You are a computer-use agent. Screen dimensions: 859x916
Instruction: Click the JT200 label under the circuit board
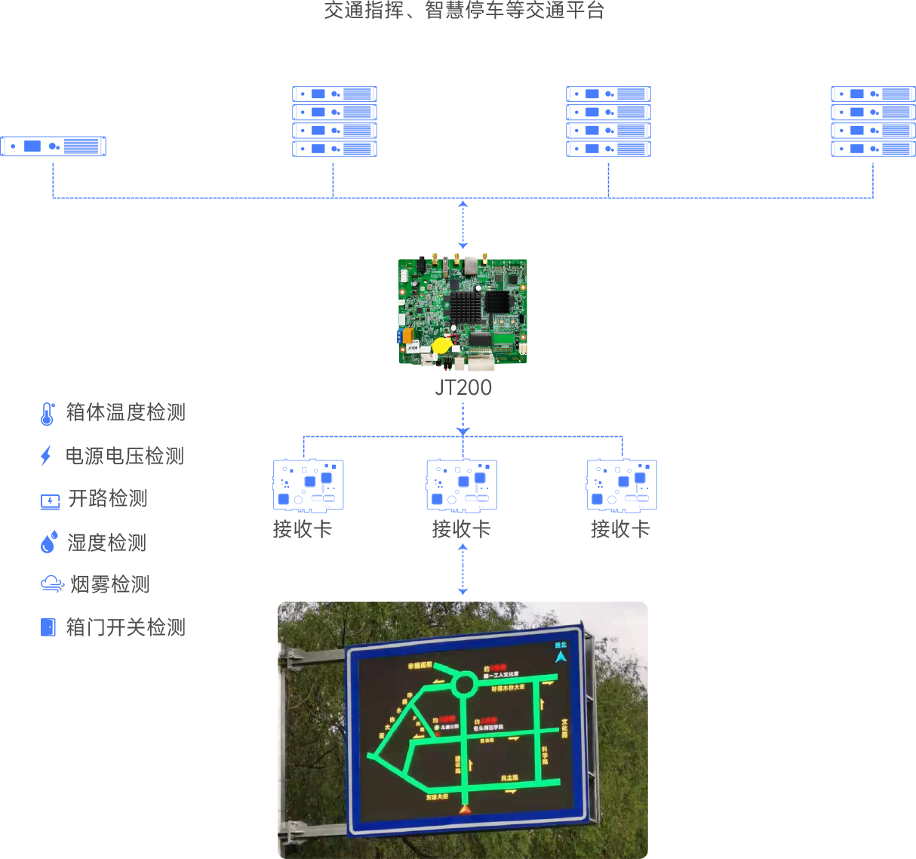[463, 387]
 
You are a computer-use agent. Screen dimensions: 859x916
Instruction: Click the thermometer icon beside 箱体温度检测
[48, 413]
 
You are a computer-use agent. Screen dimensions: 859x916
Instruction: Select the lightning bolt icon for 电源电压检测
[46, 456]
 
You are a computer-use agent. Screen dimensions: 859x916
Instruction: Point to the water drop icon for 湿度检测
[48, 542]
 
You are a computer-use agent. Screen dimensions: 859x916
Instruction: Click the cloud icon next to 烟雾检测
[51, 583]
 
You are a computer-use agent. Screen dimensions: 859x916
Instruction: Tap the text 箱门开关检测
[125, 627]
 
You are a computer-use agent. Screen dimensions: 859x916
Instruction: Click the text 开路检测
[108, 498]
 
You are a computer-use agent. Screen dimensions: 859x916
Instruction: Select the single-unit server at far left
[54, 146]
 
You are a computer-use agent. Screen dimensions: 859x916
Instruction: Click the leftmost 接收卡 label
[302, 529]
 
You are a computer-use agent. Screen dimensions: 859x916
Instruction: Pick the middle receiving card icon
[462, 485]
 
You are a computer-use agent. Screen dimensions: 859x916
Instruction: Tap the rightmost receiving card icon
[621, 485]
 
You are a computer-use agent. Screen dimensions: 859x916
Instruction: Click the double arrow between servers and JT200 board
[463, 224]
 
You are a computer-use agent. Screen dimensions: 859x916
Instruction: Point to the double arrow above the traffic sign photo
[463, 569]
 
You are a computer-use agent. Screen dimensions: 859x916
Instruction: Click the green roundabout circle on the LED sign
[465, 685]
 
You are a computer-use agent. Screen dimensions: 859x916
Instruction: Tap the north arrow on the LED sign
[561, 656]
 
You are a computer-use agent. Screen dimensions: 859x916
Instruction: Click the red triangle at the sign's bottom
[465, 809]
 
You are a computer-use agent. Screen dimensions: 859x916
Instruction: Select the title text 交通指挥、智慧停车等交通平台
[464, 10]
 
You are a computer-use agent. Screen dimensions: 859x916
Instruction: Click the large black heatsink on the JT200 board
[466, 308]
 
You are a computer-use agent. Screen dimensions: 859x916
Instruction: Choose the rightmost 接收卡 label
[620, 529]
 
